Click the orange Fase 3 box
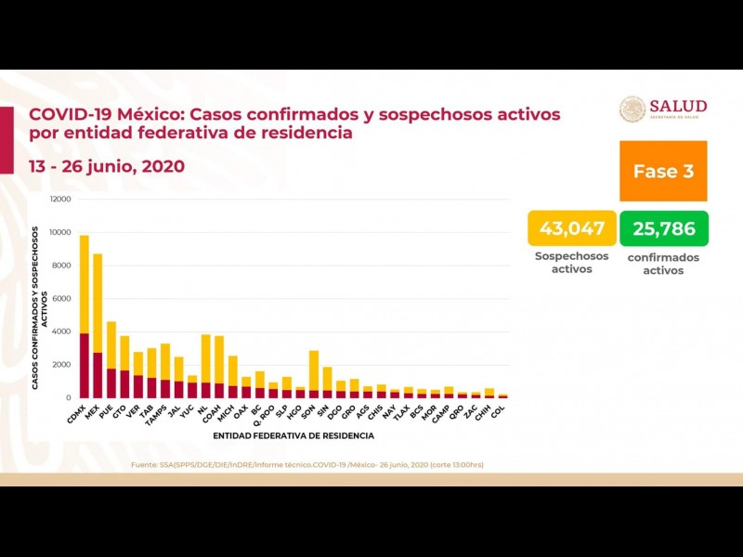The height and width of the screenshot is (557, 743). pos(663,172)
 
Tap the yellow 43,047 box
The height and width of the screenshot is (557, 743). pos(567,228)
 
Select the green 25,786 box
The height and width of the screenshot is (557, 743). pos(663,228)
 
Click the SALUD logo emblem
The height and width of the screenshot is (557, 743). pos(632,109)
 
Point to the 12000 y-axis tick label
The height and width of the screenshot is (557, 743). pos(60,199)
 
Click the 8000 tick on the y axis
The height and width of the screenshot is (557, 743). pos(62,266)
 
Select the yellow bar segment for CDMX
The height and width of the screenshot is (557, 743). pos(85,283)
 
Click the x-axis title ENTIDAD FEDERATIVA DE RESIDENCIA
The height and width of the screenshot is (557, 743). pos(293,434)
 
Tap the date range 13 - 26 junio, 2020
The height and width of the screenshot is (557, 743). pos(107,167)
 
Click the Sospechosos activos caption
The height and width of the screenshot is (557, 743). pos(571,263)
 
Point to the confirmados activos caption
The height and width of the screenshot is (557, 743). pos(663,264)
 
